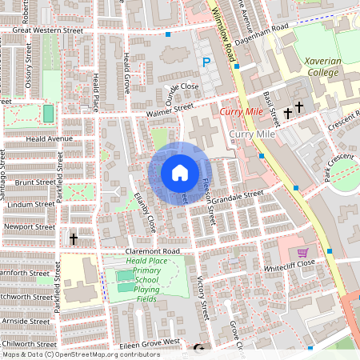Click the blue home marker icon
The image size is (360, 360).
tap(180, 173)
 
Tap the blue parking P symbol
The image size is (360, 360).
tap(206, 62)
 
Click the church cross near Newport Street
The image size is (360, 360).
tap(74, 238)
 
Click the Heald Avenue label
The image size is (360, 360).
tap(32, 139)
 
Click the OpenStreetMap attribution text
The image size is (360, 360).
tap(80, 354)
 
